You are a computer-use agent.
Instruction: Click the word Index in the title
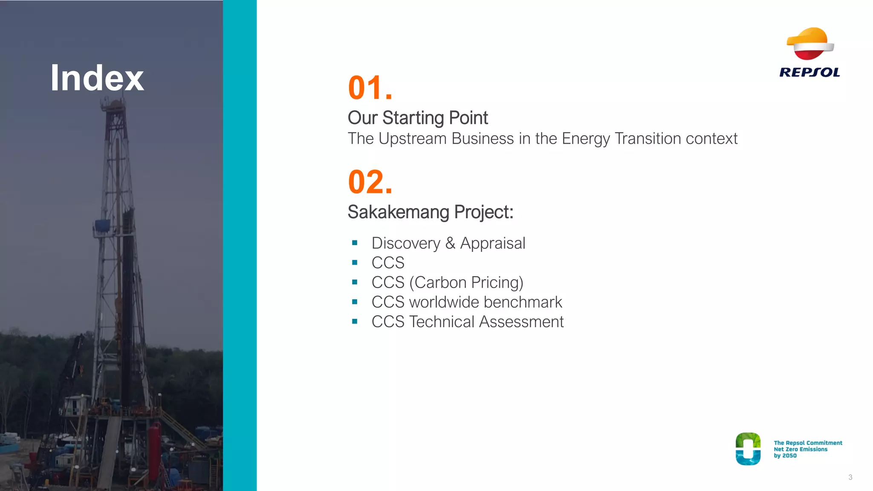click(97, 78)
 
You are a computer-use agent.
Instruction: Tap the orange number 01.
click(369, 88)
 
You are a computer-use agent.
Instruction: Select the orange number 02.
click(369, 182)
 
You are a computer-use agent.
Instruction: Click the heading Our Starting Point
click(417, 118)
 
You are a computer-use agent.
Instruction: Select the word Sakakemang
click(398, 212)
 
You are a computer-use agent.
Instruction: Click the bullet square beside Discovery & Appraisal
click(355, 243)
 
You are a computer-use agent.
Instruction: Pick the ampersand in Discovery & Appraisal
click(450, 243)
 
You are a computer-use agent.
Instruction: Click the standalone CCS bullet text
click(387, 263)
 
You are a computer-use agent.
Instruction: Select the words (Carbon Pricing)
click(466, 283)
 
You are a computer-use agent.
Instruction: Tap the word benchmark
click(523, 302)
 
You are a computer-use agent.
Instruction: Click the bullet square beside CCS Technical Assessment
click(355, 321)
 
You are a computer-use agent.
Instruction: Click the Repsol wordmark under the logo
click(809, 72)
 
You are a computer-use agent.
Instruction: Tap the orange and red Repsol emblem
click(810, 43)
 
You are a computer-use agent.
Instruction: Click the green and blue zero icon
click(748, 449)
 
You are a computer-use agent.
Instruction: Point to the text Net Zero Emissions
click(800, 449)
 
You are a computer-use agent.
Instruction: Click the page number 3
click(850, 477)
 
